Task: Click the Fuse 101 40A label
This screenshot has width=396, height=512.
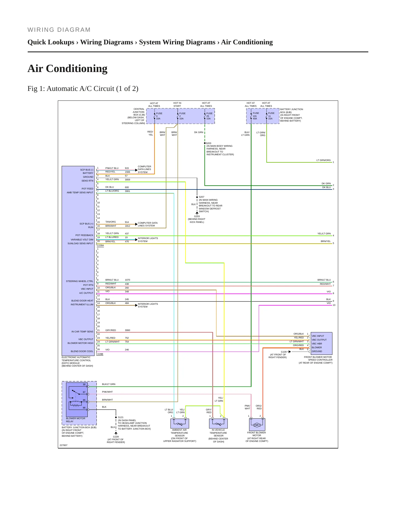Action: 256,116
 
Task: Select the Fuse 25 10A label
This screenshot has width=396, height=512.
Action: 209,116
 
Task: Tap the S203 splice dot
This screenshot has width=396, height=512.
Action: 205,143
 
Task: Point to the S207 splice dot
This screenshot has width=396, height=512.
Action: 197,197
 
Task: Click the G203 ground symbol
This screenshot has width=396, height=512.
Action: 197,213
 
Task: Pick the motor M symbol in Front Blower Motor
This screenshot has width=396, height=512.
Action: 257,425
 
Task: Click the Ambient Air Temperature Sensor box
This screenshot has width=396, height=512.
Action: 180,423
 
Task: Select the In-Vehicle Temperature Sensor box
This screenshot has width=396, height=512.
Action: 218,423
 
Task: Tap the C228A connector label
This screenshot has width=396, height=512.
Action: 100,245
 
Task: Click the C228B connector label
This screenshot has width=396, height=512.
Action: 100,354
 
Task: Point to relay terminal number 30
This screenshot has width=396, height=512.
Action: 84,384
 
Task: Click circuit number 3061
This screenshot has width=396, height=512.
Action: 127,191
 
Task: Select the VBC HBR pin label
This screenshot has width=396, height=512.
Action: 317,344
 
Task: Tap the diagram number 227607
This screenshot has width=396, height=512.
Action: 63,445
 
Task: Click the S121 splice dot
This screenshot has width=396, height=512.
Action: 116,418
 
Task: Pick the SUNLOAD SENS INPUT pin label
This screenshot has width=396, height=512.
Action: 80,243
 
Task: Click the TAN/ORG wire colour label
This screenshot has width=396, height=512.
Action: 111,222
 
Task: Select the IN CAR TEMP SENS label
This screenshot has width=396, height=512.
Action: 82,332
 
